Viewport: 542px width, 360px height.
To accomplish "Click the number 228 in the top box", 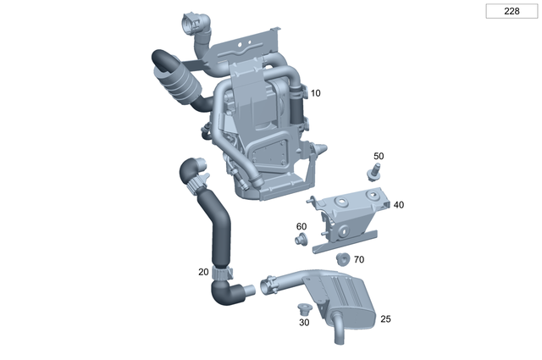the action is (x=512, y=11).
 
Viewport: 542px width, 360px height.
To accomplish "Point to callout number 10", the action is (x=315, y=93).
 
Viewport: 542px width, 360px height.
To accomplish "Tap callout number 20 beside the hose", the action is (x=203, y=272).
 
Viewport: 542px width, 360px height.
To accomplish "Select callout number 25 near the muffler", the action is (x=385, y=318).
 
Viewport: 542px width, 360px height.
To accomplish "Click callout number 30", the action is (x=304, y=322).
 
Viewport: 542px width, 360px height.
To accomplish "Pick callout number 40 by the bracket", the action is (x=399, y=205).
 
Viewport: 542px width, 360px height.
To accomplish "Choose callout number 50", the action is (x=379, y=156).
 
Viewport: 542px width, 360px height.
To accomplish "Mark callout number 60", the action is (x=301, y=226).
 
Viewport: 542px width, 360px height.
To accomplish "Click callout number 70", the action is (x=359, y=259).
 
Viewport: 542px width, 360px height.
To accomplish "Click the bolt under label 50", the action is (x=373, y=172).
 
